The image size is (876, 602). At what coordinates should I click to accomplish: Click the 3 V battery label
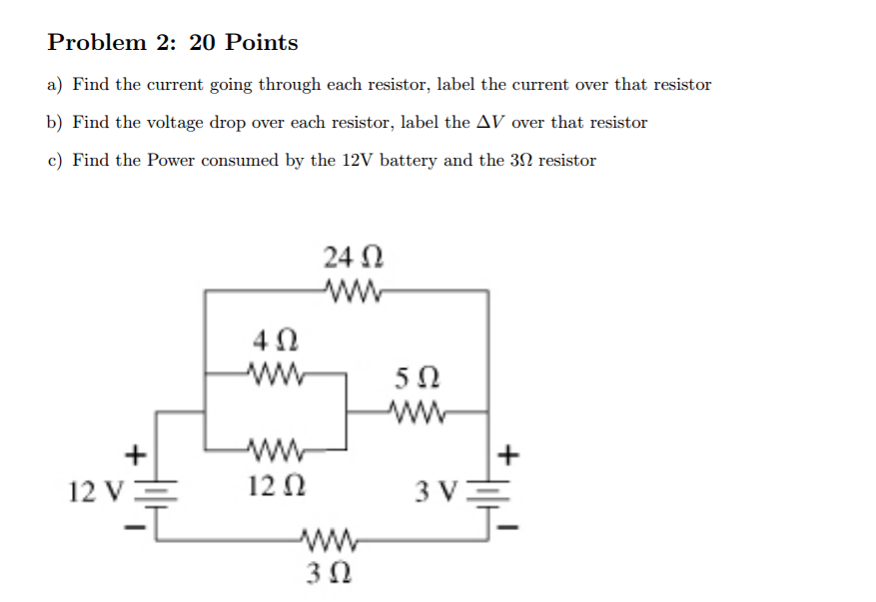click(437, 490)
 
